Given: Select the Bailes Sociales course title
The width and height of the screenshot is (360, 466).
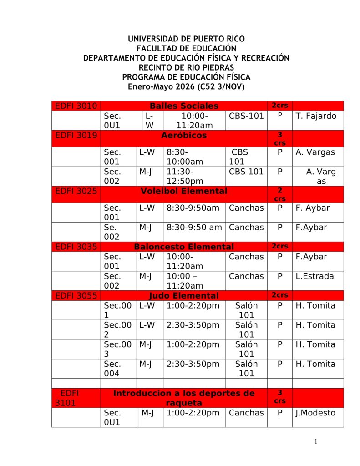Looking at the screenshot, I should tap(184, 106).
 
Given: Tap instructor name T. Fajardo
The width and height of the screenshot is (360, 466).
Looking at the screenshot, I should tap(316, 116).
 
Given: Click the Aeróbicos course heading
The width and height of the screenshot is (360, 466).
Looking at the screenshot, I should tap(184, 135).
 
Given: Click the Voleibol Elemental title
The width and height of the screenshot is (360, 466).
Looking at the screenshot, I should tap(184, 191).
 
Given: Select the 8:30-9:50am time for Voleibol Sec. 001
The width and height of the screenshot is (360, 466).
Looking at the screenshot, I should tap(193, 208).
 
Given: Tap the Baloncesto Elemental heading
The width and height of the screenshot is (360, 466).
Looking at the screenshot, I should tap(184, 247).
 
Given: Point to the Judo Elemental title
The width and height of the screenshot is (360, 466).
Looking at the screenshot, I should tap(184, 295).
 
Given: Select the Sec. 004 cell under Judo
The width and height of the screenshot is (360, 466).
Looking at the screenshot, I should tap(113, 369).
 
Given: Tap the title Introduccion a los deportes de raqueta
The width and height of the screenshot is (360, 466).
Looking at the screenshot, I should tap(184, 398).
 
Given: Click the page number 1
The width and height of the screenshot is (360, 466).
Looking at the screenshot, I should tap(316, 442).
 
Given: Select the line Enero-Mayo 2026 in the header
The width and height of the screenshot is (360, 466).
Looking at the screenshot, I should tap(187, 86).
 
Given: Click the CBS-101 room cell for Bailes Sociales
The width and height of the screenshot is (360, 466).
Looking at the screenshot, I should tap(246, 116).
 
